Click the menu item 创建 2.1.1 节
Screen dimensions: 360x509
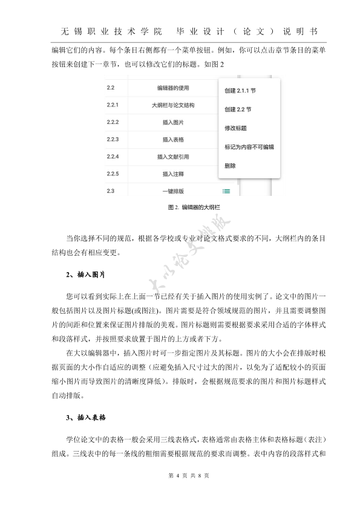239,91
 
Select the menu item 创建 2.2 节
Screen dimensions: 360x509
237,109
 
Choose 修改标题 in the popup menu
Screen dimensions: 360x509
235,128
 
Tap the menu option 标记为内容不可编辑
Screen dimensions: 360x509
249,147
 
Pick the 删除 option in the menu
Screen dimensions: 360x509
230,165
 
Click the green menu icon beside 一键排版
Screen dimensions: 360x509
226,192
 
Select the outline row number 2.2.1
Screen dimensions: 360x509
113,105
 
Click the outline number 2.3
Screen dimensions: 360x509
110,192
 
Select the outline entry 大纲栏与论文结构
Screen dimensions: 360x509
173,105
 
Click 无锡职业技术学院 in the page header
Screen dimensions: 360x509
112,31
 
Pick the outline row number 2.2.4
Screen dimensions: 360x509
113,157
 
